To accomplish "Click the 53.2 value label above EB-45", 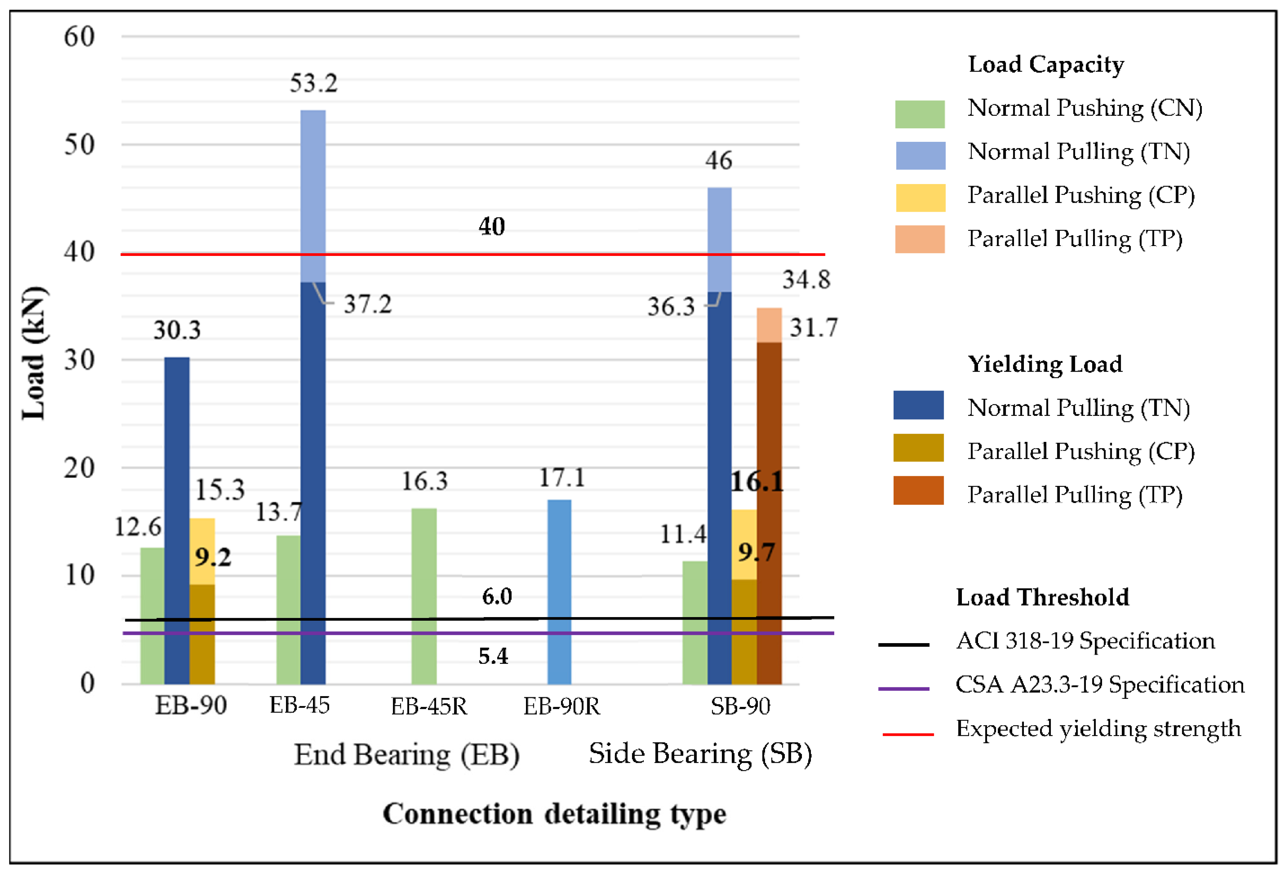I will (x=314, y=83).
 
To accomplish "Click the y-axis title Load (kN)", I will (x=34, y=353).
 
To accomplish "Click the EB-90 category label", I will (x=191, y=705).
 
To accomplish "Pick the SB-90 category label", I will (x=740, y=705).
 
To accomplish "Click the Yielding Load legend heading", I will (x=1044, y=364).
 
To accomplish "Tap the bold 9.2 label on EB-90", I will (x=213, y=557).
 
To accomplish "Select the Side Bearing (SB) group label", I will (x=700, y=754).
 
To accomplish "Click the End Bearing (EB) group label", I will (x=407, y=755).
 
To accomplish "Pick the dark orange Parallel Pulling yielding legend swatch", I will (x=918, y=490).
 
